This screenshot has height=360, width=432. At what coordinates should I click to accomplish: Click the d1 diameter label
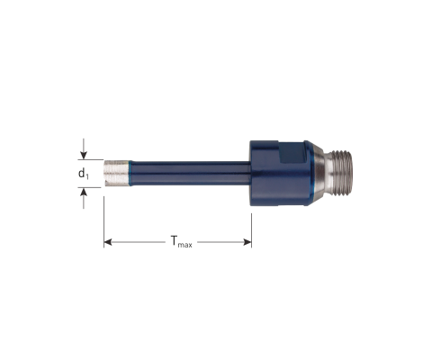click(x=84, y=174)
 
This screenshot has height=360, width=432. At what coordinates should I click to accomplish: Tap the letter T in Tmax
click(x=174, y=240)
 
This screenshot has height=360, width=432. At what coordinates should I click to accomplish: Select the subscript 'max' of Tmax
click(x=184, y=245)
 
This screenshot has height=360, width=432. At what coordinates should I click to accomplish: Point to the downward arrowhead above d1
click(x=84, y=156)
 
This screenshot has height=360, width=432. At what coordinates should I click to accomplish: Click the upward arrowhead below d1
click(x=84, y=192)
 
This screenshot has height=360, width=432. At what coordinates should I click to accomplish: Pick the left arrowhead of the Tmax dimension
click(x=108, y=242)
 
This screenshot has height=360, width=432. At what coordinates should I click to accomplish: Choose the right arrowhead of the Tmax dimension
click(x=247, y=242)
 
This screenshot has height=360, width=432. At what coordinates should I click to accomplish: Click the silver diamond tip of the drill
click(x=117, y=173)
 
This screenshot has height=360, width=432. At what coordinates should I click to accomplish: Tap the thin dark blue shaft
click(x=190, y=173)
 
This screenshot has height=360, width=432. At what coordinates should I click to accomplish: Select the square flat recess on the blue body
click(x=292, y=152)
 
